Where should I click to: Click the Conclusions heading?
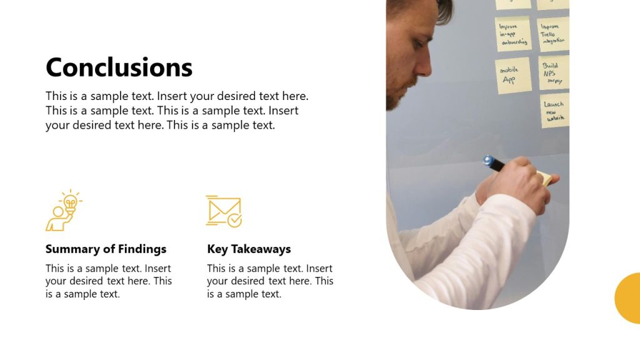(119, 67)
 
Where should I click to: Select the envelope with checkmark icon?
(223, 211)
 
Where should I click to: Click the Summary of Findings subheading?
(106, 249)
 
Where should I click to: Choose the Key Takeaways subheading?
(249, 249)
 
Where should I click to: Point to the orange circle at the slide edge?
(628, 298)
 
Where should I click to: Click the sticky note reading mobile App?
(512, 76)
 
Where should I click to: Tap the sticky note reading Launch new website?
(554, 111)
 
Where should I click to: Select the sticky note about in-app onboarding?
(512, 34)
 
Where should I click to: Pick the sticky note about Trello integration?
(554, 34)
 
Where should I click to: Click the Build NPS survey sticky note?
(553, 72)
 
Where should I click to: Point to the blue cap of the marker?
(488, 161)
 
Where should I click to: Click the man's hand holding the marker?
(519, 184)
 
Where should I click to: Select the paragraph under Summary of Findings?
(108, 281)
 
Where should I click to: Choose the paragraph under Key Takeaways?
(270, 281)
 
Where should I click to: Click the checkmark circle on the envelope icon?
(234, 220)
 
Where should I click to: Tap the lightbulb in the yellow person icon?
(71, 201)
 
